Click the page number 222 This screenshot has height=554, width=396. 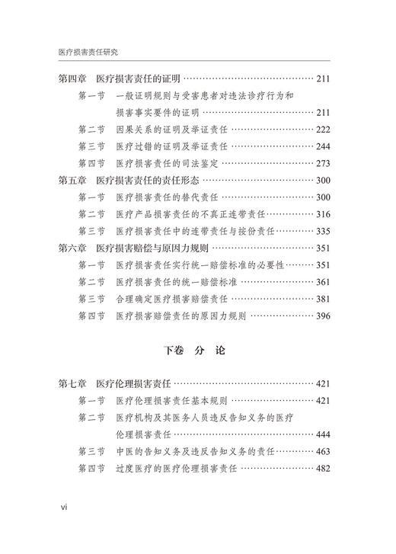tap(322, 130)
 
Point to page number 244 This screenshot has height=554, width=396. tap(322, 146)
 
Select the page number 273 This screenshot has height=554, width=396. tap(322, 163)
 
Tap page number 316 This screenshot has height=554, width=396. tap(322, 214)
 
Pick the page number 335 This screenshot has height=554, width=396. tap(322, 231)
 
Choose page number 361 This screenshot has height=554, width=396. tap(322, 282)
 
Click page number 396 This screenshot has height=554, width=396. tap(322, 315)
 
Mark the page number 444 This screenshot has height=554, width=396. tap(322, 434)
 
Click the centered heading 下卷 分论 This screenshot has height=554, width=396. tap(197, 353)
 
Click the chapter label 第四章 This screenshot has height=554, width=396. tap(72, 79)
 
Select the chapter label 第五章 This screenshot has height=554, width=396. tap(72, 181)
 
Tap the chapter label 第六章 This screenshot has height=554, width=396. tap(72, 248)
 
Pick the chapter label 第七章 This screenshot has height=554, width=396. tap(72, 384)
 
